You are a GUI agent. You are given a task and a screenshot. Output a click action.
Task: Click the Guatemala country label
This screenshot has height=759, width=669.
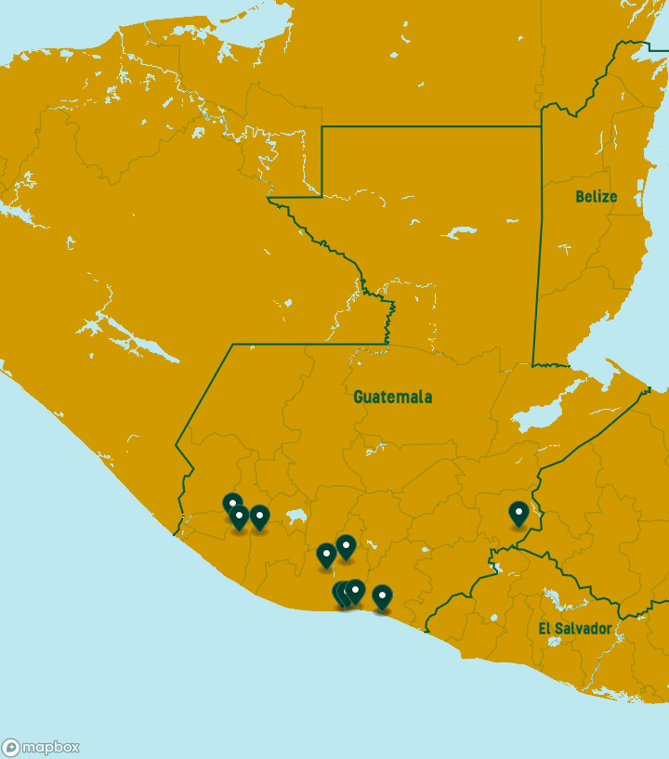pyautogui.click(x=392, y=397)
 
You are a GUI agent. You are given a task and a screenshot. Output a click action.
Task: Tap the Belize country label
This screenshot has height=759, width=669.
pyautogui.click(x=596, y=196)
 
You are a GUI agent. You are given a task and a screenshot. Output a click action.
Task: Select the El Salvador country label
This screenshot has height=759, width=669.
pyautogui.click(x=575, y=629)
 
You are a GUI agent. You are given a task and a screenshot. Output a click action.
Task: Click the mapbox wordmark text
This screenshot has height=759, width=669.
pyautogui.click(x=50, y=747)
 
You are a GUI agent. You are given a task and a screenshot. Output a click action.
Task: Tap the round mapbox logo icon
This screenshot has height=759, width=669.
pyautogui.click(x=11, y=747)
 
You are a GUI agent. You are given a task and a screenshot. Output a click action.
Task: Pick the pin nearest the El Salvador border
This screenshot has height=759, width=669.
pyautogui.click(x=518, y=513)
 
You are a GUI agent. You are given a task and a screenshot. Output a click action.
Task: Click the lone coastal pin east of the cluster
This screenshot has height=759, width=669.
pyautogui.click(x=382, y=596)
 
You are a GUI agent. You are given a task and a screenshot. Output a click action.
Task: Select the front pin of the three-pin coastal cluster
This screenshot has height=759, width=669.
pyautogui.click(x=355, y=591)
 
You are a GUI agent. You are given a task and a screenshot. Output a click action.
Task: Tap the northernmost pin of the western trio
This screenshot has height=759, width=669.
pyautogui.click(x=231, y=504)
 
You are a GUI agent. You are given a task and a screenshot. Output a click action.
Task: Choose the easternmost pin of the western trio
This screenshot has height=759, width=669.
pyautogui.click(x=259, y=517)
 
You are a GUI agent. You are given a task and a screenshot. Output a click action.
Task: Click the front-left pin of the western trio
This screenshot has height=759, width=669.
pyautogui.click(x=239, y=517)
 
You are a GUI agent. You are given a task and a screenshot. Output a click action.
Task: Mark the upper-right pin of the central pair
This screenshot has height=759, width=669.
pyautogui.click(x=346, y=546)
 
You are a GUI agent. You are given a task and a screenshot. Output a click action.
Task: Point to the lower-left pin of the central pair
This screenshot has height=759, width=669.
pyautogui.click(x=326, y=555)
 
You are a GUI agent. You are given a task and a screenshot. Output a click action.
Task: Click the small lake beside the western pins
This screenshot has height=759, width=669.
pyautogui.click(x=295, y=516)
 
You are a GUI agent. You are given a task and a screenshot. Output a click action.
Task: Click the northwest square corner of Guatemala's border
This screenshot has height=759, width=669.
pyautogui.click(x=322, y=127)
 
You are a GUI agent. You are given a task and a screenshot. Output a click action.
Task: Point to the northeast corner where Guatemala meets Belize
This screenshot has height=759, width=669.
pyautogui.click(x=541, y=127)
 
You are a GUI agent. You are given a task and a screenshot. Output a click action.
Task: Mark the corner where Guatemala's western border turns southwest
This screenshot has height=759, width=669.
pyautogui.click(x=232, y=345)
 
